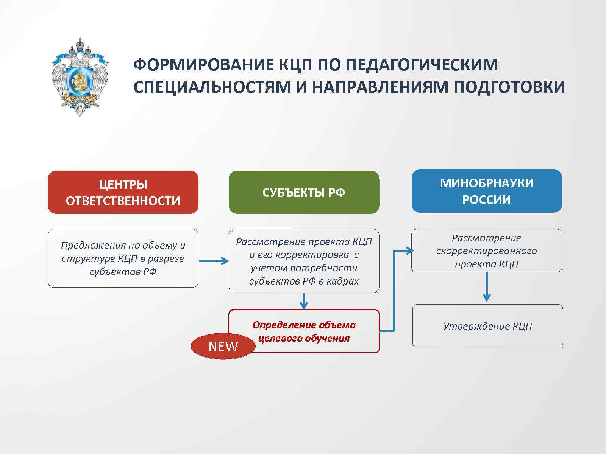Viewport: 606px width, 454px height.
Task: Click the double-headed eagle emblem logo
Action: (x=80, y=77)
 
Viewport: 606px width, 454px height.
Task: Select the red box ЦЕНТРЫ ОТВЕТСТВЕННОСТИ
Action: (x=123, y=192)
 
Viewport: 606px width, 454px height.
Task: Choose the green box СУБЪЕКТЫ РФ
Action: (x=304, y=192)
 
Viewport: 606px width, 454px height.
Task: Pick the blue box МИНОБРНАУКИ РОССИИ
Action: (x=487, y=191)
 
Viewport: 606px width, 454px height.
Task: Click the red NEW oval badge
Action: (x=223, y=346)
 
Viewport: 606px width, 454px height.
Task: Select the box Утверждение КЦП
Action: (x=487, y=326)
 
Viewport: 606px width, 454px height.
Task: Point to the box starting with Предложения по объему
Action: (x=123, y=258)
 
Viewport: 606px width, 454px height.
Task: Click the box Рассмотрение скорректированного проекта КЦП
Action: (x=487, y=250)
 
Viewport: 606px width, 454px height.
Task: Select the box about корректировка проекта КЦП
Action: (x=304, y=261)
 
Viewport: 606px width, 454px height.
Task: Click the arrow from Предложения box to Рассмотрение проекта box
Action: (x=214, y=261)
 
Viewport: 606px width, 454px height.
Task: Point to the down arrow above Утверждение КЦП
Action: (x=487, y=288)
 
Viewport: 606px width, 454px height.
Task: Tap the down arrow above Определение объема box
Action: (x=304, y=302)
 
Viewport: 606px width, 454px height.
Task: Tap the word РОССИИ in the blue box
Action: (x=487, y=200)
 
